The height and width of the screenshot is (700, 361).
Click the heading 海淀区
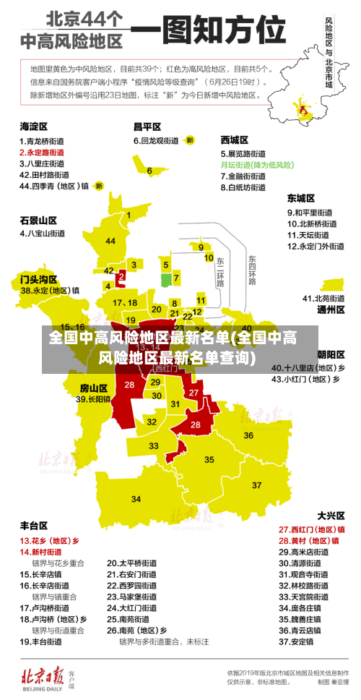[33, 127]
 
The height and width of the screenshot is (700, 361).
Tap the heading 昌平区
[147, 127]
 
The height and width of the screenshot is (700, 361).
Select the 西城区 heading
[234, 140]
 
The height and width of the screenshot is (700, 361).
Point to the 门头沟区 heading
[38, 278]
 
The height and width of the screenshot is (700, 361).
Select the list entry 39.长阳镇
[93, 398]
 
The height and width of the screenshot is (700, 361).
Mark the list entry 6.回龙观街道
[155, 140]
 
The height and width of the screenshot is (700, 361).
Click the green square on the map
[166, 278]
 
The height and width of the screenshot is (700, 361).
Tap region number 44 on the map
[110, 241]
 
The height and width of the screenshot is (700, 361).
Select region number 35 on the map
[209, 459]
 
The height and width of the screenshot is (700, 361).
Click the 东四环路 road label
[252, 270]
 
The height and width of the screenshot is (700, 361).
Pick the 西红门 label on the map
[166, 368]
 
